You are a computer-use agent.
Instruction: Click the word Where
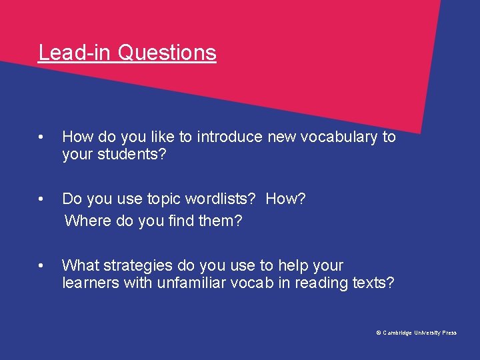pyautogui.click(x=87, y=221)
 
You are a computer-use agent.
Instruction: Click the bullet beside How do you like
pyautogui.click(x=41, y=137)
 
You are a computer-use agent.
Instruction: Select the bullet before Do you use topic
pyautogui.click(x=41, y=199)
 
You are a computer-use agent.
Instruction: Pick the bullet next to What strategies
pyautogui.click(x=41, y=265)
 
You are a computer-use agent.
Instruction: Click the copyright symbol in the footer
pyautogui.click(x=379, y=333)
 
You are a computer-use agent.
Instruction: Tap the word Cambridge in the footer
pyautogui.click(x=397, y=333)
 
